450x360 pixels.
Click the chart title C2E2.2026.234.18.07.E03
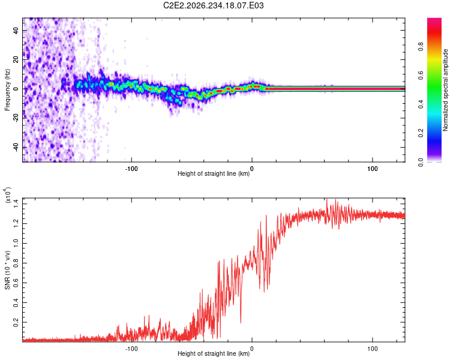point(213,5)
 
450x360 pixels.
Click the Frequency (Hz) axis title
point(7,90)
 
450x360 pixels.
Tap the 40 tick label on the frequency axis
point(16,31)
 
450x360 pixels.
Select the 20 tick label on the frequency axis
point(16,60)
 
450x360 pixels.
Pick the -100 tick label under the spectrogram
point(131,169)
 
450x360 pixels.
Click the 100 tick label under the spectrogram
point(372,169)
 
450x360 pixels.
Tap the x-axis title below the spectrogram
point(214,173)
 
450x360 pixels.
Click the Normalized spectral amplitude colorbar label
point(445,90)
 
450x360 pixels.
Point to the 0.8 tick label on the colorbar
point(421,47)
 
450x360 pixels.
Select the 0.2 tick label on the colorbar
point(421,133)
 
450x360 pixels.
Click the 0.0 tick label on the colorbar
point(421,162)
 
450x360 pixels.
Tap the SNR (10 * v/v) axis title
point(7,270)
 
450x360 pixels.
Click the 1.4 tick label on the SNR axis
point(16,204)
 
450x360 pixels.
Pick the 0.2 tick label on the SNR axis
point(16,322)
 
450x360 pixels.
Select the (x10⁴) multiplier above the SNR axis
point(7,195)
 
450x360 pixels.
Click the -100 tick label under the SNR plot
point(131,349)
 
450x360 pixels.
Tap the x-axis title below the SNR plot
point(214,353)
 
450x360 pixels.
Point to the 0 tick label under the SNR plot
point(252,349)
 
